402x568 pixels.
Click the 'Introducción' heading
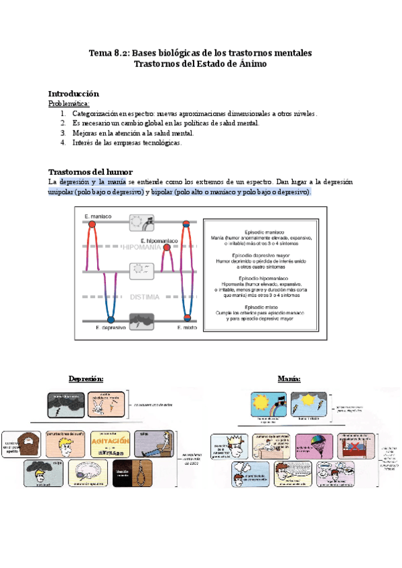[x=74, y=94]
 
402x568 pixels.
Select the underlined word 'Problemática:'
[x=69, y=104]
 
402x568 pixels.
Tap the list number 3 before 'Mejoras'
[x=63, y=133]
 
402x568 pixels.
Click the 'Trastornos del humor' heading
[x=90, y=171]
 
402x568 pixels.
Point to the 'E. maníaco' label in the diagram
[x=98, y=216]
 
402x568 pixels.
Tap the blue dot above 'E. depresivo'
[x=111, y=318]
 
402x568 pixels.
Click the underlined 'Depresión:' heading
[x=86, y=378]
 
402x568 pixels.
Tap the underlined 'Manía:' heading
[x=289, y=378]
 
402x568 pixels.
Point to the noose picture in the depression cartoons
[x=127, y=471]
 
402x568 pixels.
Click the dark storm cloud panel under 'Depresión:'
[x=66, y=405]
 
